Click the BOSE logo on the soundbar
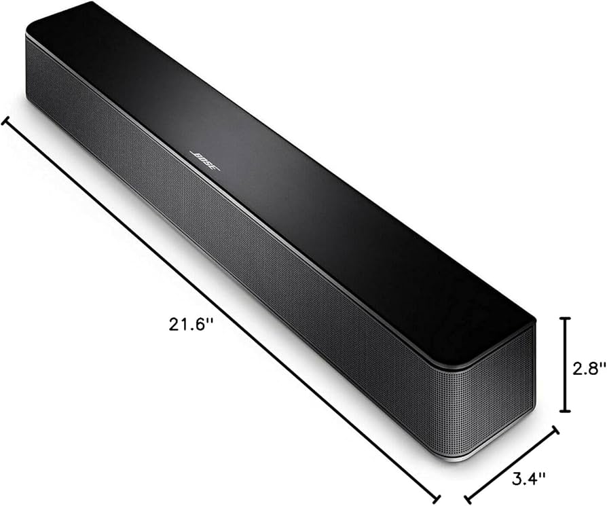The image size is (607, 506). pos(204,160)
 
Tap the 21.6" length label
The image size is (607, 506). pos(191,325)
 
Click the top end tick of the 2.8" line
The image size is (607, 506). pos(564,317)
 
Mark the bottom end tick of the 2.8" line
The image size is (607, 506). pos(564,411)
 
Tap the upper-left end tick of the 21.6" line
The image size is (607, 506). pos(6,122)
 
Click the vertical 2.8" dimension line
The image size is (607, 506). pos(564,363)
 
